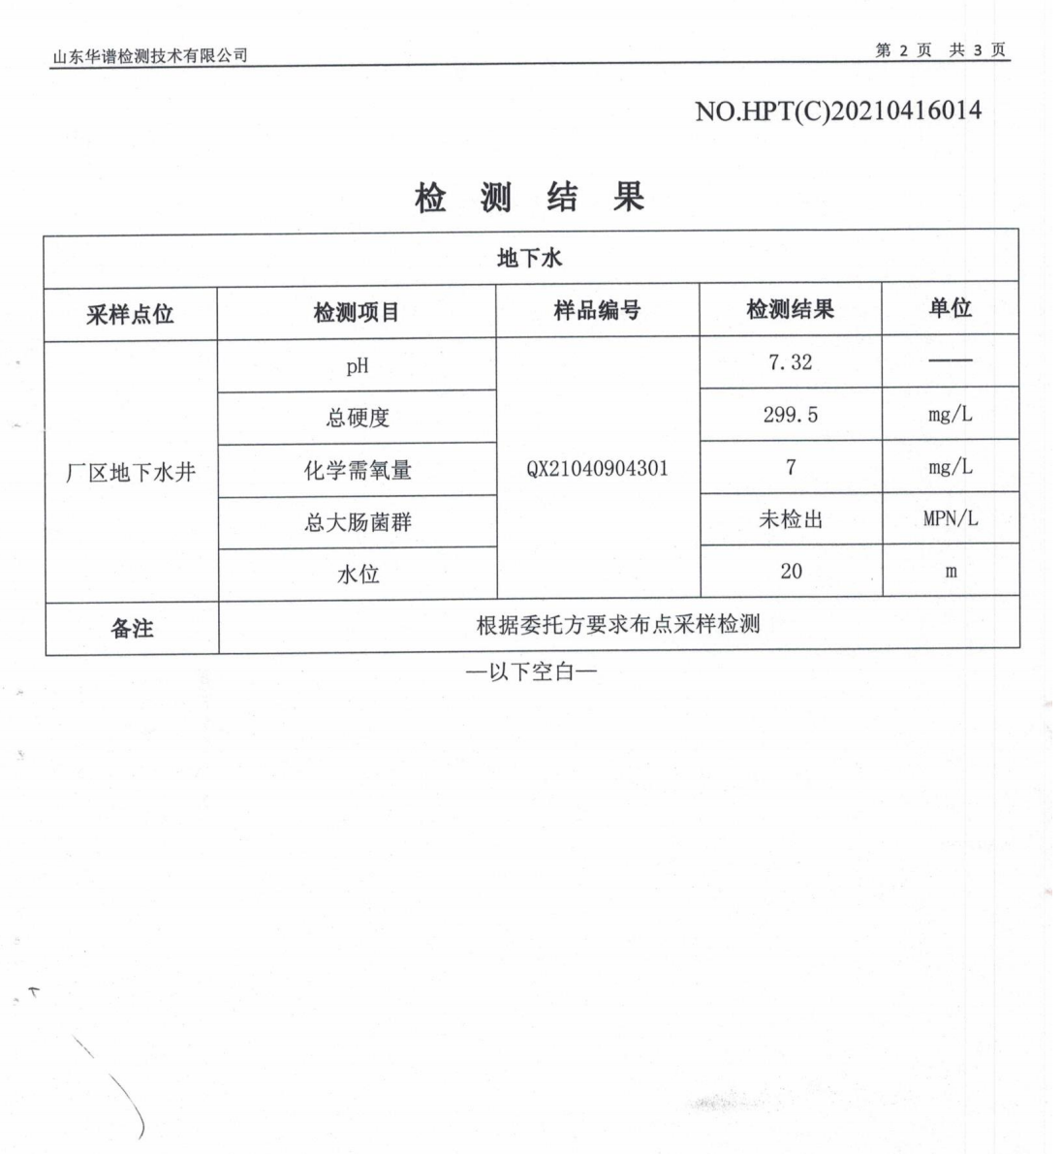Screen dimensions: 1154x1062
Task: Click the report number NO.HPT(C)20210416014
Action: [837, 110]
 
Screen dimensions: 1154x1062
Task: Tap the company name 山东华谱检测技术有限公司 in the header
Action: [150, 56]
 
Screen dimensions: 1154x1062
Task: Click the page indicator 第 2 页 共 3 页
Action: [940, 50]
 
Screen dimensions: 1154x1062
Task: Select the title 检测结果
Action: [529, 198]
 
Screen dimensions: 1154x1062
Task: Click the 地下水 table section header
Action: [529, 258]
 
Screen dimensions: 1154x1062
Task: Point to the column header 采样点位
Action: [130, 314]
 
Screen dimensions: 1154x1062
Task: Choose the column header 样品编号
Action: [597, 311]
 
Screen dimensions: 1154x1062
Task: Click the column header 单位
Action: [950, 308]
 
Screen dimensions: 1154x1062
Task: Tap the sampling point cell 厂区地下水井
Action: [131, 473]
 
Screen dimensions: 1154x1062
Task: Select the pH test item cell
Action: [358, 366]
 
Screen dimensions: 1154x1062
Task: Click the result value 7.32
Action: [790, 362]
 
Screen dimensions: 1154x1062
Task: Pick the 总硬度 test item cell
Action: [358, 419]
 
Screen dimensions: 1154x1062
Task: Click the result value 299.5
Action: [790, 415]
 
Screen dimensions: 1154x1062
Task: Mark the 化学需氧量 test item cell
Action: [358, 471]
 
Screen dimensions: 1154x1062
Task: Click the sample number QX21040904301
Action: [597, 469]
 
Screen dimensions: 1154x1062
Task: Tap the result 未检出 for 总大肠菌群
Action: [791, 519]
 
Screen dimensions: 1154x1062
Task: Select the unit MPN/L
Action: [951, 518]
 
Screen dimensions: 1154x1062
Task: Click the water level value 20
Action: [791, 571]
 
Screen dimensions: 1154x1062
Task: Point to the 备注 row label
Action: [132, 629]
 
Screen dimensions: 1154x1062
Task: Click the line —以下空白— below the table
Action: [531, 671]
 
